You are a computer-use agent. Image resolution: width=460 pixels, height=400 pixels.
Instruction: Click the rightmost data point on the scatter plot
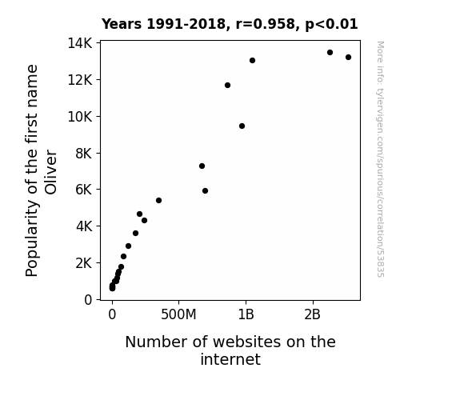[x=348, y=58]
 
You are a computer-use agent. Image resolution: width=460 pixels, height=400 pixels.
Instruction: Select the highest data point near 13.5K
[x=330, y=53]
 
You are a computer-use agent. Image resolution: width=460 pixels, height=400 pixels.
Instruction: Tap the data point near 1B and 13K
[x=252, y=61]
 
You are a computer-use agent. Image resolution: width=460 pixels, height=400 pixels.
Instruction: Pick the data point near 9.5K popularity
[x=242, y=126]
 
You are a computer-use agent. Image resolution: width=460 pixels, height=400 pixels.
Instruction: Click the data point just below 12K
[x=227, y=85]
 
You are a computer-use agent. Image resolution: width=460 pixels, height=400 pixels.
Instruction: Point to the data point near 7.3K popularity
[x=202, y=166]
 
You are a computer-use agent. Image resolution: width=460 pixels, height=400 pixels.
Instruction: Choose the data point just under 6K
[x=205, y=190]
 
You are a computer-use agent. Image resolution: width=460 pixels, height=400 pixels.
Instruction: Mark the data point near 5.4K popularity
[x=158, y=201]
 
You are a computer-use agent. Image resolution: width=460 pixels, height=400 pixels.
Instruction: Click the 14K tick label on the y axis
[x=80, y=43]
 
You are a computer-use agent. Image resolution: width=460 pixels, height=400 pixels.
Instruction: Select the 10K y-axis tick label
[x=80, y=117]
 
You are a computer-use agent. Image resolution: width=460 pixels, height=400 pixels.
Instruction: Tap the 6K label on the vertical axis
[x=84, y=190]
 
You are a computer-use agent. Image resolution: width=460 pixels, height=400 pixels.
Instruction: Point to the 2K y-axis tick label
[x=84, y=263]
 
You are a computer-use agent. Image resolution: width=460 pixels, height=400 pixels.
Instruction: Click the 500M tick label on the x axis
[x=178, y=315]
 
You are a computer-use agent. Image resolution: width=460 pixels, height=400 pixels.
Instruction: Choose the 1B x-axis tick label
[x=246, y=315]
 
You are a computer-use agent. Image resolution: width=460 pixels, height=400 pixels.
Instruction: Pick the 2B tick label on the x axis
[x=313, y=315]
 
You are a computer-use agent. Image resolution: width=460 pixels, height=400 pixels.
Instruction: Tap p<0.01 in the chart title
[x=331, y=25]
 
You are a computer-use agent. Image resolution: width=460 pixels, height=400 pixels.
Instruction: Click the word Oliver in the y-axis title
[x=50, y=172]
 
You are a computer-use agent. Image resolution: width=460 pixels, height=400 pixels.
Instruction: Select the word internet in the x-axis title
[x=230, y=359]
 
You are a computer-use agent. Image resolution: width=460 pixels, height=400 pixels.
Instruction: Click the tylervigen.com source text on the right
[x=381, y=159]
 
